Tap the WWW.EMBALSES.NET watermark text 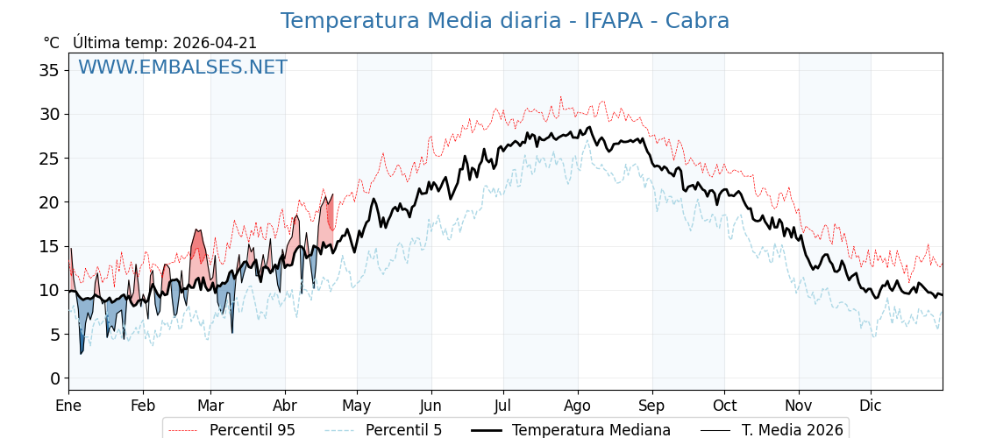point(182,67)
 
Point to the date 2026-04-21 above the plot point(215,43)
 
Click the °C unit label point(51,43)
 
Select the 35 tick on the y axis point(49,70)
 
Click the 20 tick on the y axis point(49,202)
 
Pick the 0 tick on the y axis point(54,378)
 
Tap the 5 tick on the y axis point(54,335)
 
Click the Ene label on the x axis point(68,406)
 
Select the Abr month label point(285,406)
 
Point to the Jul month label point(503,406)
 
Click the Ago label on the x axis point(577,406)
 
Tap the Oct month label point(724,406)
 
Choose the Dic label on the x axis point(871,406)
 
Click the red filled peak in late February point(198,245)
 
